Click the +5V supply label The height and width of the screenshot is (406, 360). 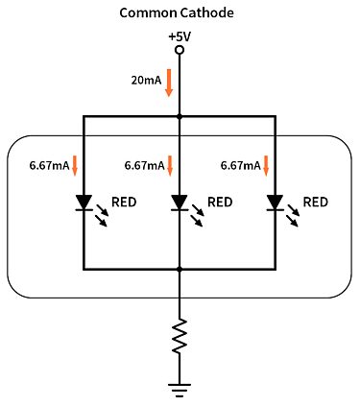point(180,36)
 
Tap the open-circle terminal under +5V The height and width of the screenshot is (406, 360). point(180,51)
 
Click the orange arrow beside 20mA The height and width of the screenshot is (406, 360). point(169,82)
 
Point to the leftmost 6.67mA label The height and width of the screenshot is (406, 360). point(49,165)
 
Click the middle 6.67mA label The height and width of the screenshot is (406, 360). point(145,165)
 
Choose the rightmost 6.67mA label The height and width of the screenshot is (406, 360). point(240,165)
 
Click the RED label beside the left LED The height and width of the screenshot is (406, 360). point(125,202)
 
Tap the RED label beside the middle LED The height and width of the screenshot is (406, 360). point(220,202)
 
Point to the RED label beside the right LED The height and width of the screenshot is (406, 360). point(316,202)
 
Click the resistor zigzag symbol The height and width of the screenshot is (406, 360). point(180,338)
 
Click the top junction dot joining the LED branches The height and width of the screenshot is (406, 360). point(180,116)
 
